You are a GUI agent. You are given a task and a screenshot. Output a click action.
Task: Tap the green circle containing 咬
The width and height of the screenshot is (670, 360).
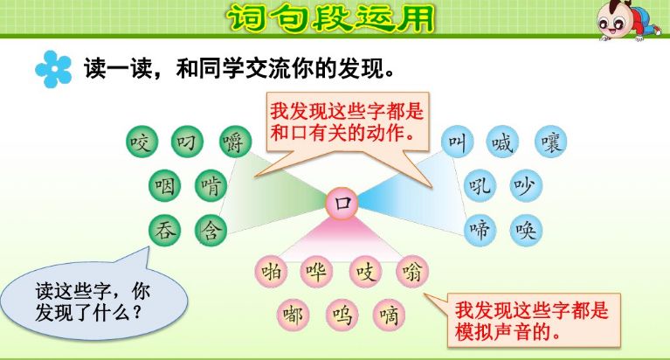coord(141,142)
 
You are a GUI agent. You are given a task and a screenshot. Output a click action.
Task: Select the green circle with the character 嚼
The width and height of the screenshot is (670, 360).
coord(235,142)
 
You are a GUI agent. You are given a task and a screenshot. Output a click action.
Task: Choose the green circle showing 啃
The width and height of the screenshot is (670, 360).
coord(211,185)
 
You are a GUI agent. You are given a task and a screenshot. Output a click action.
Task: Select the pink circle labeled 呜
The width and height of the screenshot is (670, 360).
coord(341,314)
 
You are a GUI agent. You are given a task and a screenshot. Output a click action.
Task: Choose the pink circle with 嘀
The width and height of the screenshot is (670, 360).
coord(387,314)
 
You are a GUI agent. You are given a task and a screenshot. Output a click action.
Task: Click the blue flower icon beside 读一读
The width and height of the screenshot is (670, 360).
coord(53,69)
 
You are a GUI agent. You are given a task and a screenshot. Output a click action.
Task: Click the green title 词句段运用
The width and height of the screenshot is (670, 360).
coord(331,17)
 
